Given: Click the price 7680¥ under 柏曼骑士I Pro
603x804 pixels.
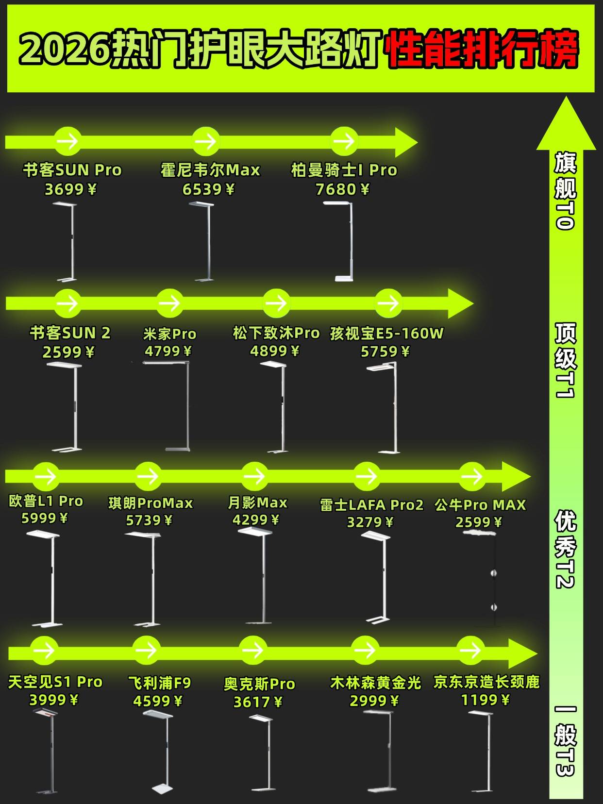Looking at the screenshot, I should [x=342, y=189].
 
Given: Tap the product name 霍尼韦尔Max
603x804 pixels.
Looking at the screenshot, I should [x=210, y=170].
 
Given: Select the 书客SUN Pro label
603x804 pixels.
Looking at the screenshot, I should [x=72, y=170].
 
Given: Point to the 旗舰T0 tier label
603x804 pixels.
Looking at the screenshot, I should [x=565, y=191].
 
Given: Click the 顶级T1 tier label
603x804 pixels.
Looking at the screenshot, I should [x=565, y=360].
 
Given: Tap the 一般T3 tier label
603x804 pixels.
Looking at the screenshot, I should [x=565, y=740].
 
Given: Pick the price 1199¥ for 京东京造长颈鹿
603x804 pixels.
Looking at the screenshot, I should [x=485, y=700].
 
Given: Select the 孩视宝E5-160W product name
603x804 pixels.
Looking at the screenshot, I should [x=387, y=334].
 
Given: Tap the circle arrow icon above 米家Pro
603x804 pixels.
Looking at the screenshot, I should [x=169, y=303].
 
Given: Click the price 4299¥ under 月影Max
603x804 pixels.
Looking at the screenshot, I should [x=256, y=520].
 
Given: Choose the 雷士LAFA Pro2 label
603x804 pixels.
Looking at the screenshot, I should [x=371, y=505].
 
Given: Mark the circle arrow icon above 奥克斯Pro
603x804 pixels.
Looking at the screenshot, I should [x=252, y=650].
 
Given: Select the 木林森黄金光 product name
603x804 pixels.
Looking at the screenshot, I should [x=375, y=683].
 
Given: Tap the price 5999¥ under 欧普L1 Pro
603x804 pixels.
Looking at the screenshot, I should [x=45, y=519].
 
